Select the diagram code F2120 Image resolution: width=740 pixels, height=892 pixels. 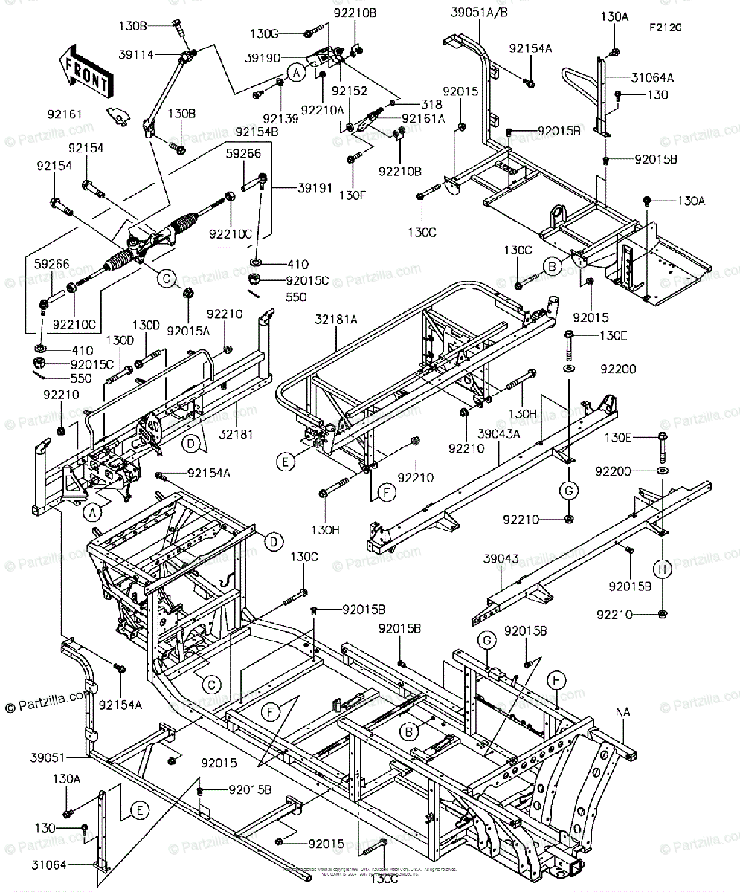click(x=666, y=28)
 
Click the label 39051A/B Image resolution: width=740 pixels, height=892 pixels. click(x=478, y=13)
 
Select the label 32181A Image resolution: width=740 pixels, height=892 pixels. click(x=336, y=320)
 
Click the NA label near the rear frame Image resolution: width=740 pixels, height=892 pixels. click(x=623, y=712)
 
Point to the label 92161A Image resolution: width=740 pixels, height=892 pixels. click(x=423, y=117)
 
